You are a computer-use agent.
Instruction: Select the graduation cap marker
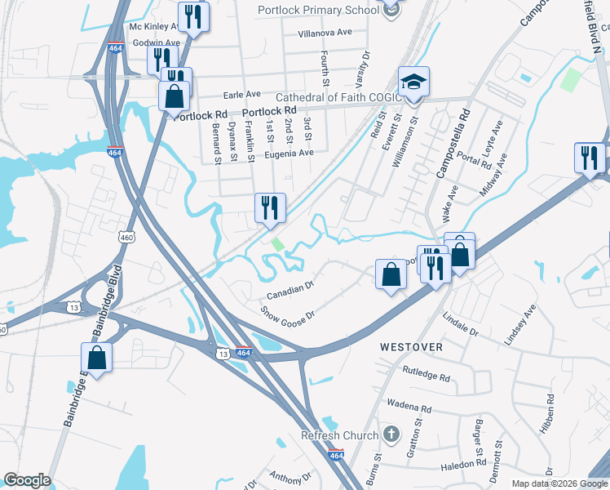click(413, 82)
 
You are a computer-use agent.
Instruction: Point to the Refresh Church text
click(340, 435)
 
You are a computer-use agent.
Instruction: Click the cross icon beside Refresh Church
click(391, 433)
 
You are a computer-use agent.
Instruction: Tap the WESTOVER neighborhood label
click(412, 347)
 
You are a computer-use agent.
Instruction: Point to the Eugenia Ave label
click(289, 153)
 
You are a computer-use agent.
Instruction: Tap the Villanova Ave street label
click(325, 33)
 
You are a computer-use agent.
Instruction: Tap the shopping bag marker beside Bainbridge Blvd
click(96, 358)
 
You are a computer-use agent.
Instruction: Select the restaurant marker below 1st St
click(270, 207)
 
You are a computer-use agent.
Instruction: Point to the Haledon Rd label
click(463, 464)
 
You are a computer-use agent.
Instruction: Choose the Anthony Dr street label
click(291, 478)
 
